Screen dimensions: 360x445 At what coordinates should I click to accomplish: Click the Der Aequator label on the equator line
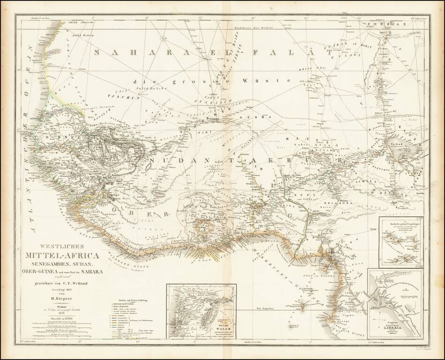[265, 308]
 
